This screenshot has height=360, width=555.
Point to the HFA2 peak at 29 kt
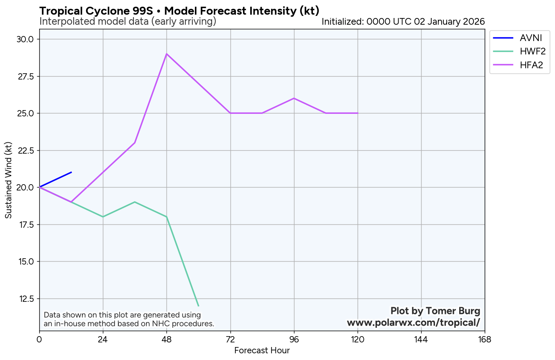(x=166, y=54)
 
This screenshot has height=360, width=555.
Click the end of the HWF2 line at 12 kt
(x=198, y=306)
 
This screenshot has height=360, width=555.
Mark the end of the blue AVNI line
(x=71, y=172)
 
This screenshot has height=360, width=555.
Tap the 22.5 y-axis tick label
(x=26, y=150)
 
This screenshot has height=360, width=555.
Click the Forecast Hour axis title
(x=262, y=350)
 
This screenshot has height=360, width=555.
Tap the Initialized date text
(x=403, y=22)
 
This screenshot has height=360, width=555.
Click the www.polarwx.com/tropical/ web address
(x=413, y=322)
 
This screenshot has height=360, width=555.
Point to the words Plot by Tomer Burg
(x=435, y=311)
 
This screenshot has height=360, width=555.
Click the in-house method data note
(x=129, y=319)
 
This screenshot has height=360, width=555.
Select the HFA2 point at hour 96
(x=294, y=98)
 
